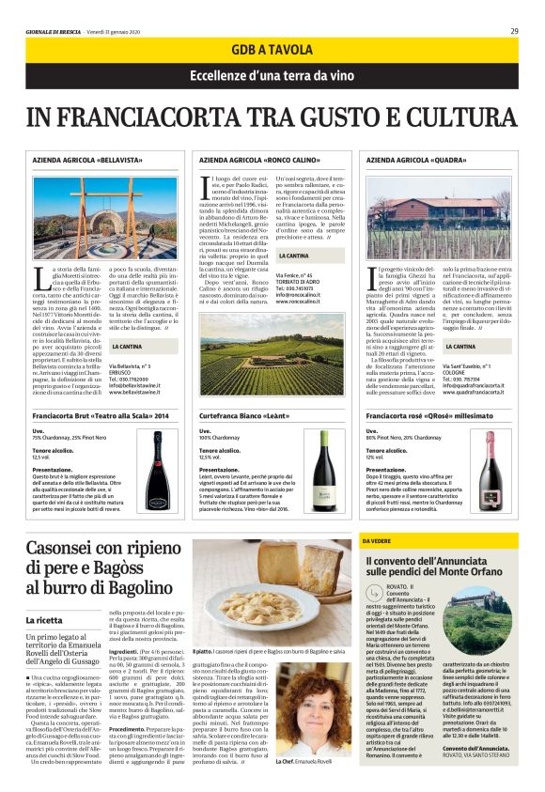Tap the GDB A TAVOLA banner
pyautogui.click(x=272, y=53)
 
